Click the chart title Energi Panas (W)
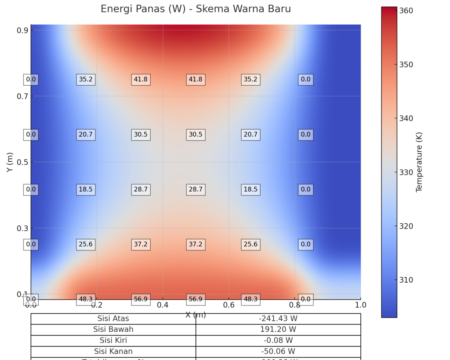point(196,9)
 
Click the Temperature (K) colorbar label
point(419,162)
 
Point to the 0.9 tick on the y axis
point(22,30)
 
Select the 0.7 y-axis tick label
point(22,96)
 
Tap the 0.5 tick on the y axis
point(22,162)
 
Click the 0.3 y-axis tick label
point(22,228)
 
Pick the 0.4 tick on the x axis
point(163,305)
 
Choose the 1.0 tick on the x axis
point(360,305)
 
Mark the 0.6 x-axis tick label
point(229,305)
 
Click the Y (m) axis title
point(10,162)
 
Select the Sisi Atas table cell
point(113,319)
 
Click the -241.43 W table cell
point(278,319)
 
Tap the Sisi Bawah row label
point(113,330)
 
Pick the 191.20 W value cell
point(278,330)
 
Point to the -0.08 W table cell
point(278,341)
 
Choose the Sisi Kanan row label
point(113,352)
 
